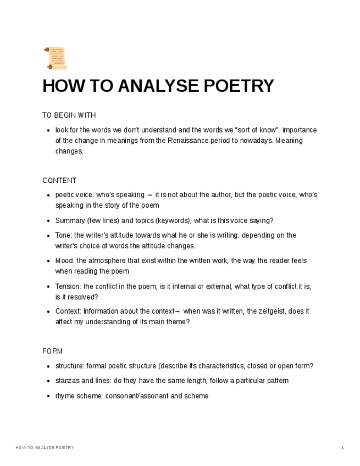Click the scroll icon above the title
pos(55,58)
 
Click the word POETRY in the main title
pos(239,86)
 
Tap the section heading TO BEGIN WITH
pos(69,115)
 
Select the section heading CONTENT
pos(59,181)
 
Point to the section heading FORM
pos(52,351)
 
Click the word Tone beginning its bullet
pos(63,235)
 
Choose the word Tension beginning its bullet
pos(68,286)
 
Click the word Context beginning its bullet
pos(68,311)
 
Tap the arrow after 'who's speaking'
pos(150,195)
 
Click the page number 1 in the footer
pos(342,448)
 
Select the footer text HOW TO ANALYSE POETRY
pos(45,448)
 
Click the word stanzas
pos(67,381)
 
